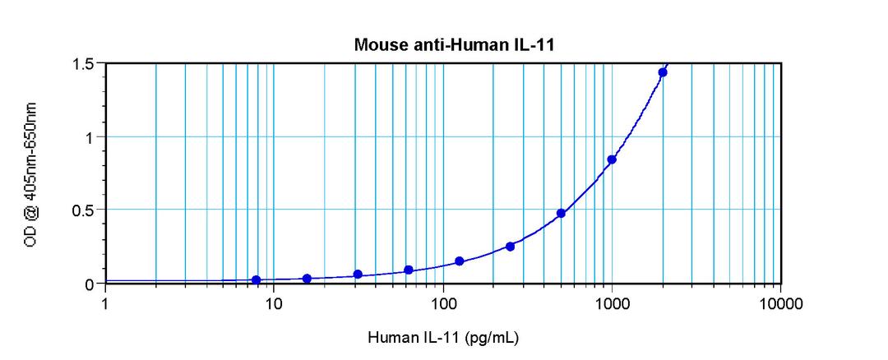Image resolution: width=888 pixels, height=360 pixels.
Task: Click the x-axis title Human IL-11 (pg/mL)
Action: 442,337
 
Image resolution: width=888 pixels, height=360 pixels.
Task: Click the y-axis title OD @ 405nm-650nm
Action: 31,173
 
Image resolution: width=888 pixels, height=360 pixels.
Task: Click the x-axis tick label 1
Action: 105,302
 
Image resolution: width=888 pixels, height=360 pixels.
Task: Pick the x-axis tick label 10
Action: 274,302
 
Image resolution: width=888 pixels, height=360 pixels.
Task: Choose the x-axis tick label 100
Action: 443,302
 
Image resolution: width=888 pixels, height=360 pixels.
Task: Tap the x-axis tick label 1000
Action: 612,302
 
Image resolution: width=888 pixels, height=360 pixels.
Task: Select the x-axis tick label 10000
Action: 780,302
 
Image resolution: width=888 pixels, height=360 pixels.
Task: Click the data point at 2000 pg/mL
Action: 663,72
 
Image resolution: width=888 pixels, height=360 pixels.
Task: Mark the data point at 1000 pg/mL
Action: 612,159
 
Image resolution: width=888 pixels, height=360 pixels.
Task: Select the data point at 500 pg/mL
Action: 561,214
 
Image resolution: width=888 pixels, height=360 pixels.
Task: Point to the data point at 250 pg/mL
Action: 510,247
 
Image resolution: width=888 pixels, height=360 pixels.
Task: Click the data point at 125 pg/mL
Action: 459,261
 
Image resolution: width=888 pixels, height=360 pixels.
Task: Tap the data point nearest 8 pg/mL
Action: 257,280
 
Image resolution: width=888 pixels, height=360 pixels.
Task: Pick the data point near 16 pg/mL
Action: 307,279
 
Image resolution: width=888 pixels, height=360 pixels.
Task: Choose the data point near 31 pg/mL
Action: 358,275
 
